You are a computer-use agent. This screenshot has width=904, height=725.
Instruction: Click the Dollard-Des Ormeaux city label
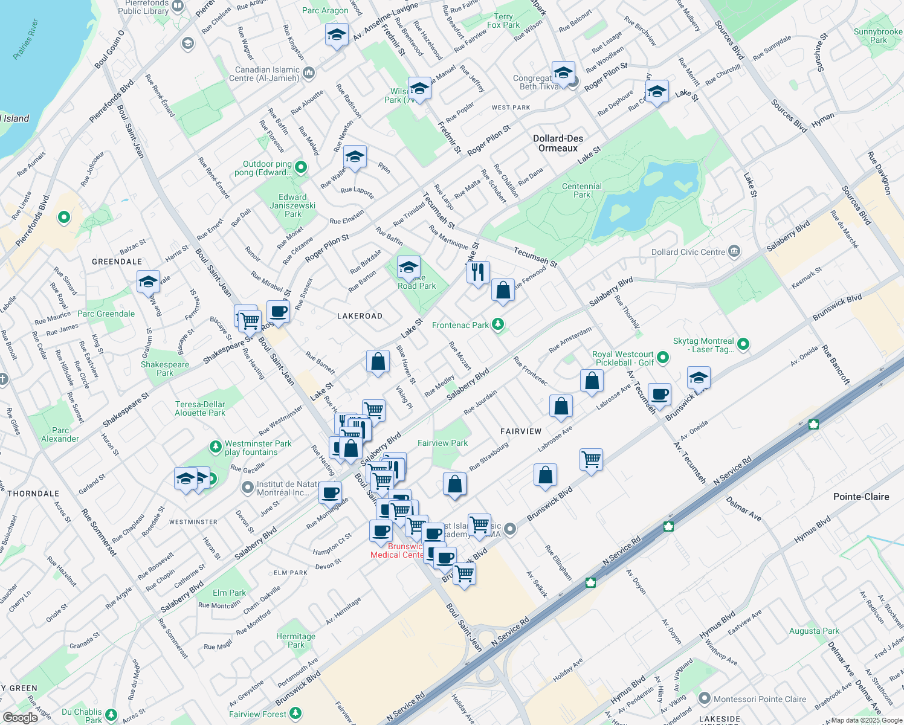click(x=558, y=143)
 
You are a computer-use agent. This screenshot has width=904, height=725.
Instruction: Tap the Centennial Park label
click(x=581, y=190)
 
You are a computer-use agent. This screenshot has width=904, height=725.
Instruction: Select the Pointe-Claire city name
click(x=860, y=497)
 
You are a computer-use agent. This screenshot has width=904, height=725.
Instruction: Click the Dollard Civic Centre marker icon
click(x=734, y=251)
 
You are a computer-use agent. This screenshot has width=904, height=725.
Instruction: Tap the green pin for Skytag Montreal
click(x=743, y=344)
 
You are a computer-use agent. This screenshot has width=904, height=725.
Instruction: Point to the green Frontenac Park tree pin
click(x=498, y=325)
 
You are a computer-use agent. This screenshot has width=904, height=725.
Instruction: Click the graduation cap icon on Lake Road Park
click(x=408, y=267)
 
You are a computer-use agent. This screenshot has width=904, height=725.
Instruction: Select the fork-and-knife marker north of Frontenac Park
click(x=478, y=272)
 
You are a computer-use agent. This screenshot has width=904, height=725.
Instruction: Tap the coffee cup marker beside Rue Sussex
click(x=278, y=312)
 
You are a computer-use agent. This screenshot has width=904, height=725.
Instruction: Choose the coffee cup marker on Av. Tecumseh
click(x=660, y=395)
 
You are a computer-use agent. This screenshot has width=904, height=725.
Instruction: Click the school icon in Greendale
click(x=148, y=282)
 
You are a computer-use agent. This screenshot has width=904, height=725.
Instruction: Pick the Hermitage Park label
click(x=295, y=640)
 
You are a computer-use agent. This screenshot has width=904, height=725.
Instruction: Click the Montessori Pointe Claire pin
click(x=704, y=699)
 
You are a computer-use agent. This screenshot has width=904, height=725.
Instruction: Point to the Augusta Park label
click(x=814, y=631)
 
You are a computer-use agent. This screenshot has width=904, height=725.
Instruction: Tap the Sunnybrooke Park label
click(x=877, y=36)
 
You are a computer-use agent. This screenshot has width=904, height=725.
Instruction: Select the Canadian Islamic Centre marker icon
click(x=309, y=73)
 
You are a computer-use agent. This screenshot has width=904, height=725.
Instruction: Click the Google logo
click(x=20, y=717)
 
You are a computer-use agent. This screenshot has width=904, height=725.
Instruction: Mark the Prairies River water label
click(x=25, y=40)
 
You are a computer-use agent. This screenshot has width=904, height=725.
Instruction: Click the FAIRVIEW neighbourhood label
click(x=521, y=431)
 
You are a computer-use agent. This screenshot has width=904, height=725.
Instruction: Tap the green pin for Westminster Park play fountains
click(x=215, y=447)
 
